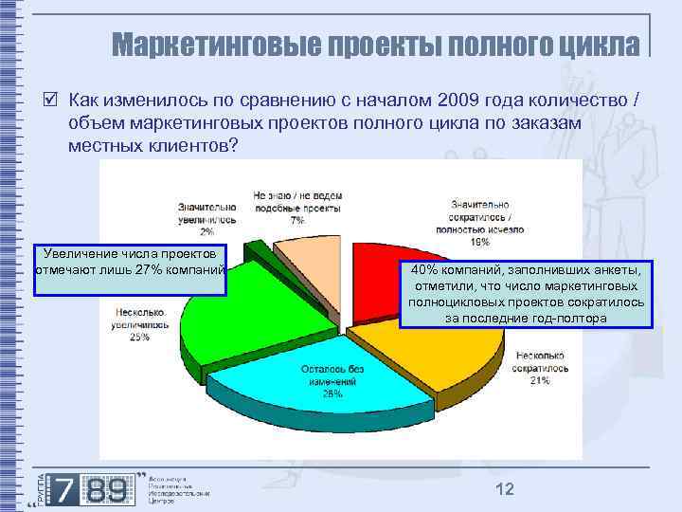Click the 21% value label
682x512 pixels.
click(x=540, y=381)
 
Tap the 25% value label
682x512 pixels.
click(x=139, y=337)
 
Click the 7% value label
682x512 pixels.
click(x=297, y=219)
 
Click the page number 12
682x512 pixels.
click(x=504, y=488)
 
